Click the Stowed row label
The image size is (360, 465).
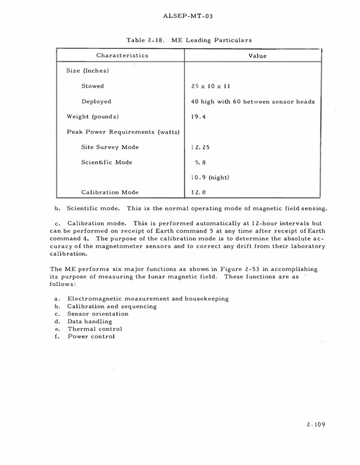[x=93, y=86]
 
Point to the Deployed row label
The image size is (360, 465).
[x=97, y=102]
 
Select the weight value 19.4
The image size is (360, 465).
[x=199, y=117]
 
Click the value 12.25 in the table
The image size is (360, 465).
[x=201, y=147]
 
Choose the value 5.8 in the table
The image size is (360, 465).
[x=201, y=162]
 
